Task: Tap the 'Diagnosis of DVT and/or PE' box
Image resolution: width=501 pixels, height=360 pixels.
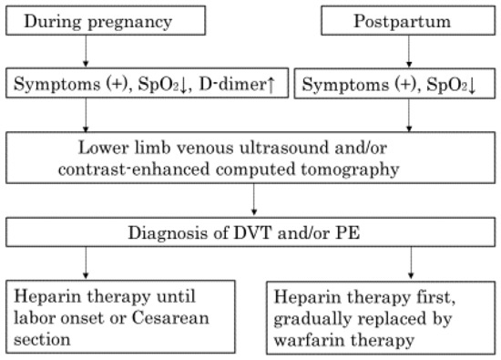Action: point(250,232)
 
